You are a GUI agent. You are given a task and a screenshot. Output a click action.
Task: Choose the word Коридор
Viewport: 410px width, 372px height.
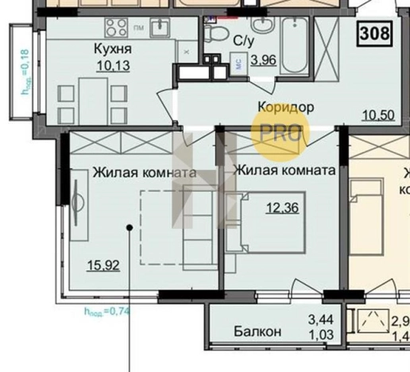coord(285,106)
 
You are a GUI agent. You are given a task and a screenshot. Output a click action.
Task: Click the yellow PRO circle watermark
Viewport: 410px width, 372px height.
coord(279,131)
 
